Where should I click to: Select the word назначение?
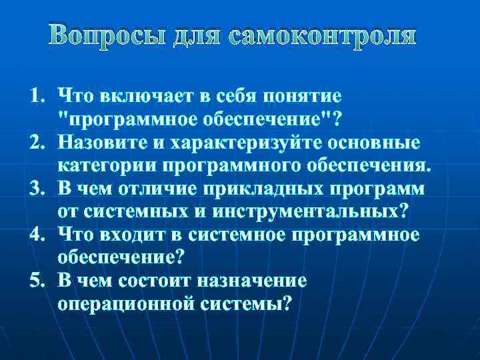pyautogui.click(x=265, y=281)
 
